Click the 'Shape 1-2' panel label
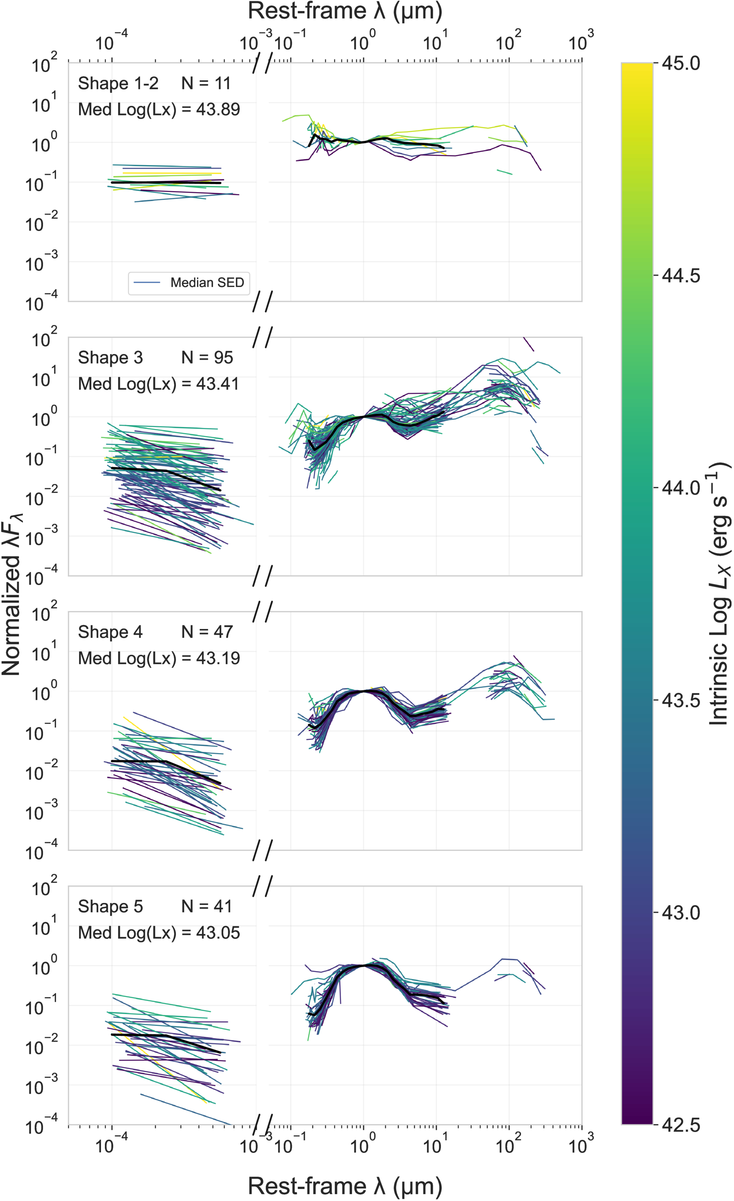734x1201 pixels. coord(118,84)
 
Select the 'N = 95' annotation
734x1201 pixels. coord(207,357)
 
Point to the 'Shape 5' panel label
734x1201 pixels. coord(110,906)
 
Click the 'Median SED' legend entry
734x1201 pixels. coord(207,283)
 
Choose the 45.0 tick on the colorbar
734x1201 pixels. coord(681,63)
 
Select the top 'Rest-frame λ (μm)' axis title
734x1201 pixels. coord(345,11)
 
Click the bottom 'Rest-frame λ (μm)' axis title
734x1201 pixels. coord(345,1185)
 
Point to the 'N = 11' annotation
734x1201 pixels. coord(206,84)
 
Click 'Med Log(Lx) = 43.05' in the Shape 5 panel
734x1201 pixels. coord(159,932)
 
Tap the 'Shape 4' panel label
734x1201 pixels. coord(110,632)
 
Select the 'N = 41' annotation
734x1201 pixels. coord(207,906)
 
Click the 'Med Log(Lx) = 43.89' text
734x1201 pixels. coord(159,109)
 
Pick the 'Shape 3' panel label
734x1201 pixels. coord(110,357)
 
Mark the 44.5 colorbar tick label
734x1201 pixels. coord(681,276)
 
